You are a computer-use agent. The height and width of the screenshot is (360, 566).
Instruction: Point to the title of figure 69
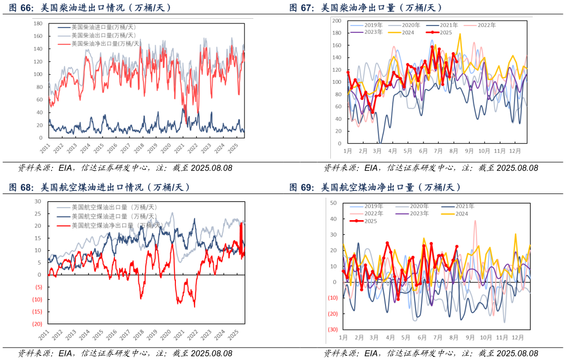[x=375, y=187]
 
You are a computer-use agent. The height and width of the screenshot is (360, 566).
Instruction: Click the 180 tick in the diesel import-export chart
[x=37, y=23]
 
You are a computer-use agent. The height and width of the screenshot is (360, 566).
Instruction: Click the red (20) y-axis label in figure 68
[x=37, y=324]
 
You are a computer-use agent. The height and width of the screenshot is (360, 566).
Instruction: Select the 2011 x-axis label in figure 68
[x=44, y=333]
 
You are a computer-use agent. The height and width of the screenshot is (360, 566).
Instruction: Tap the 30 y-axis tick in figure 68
[x=38, y=201]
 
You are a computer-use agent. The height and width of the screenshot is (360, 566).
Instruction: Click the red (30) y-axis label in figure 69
[x=332, y=330]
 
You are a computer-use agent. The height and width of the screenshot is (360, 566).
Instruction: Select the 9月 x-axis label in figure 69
[x=470, y=338]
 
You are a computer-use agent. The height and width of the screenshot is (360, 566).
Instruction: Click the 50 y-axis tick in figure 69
[x=333, y=202]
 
